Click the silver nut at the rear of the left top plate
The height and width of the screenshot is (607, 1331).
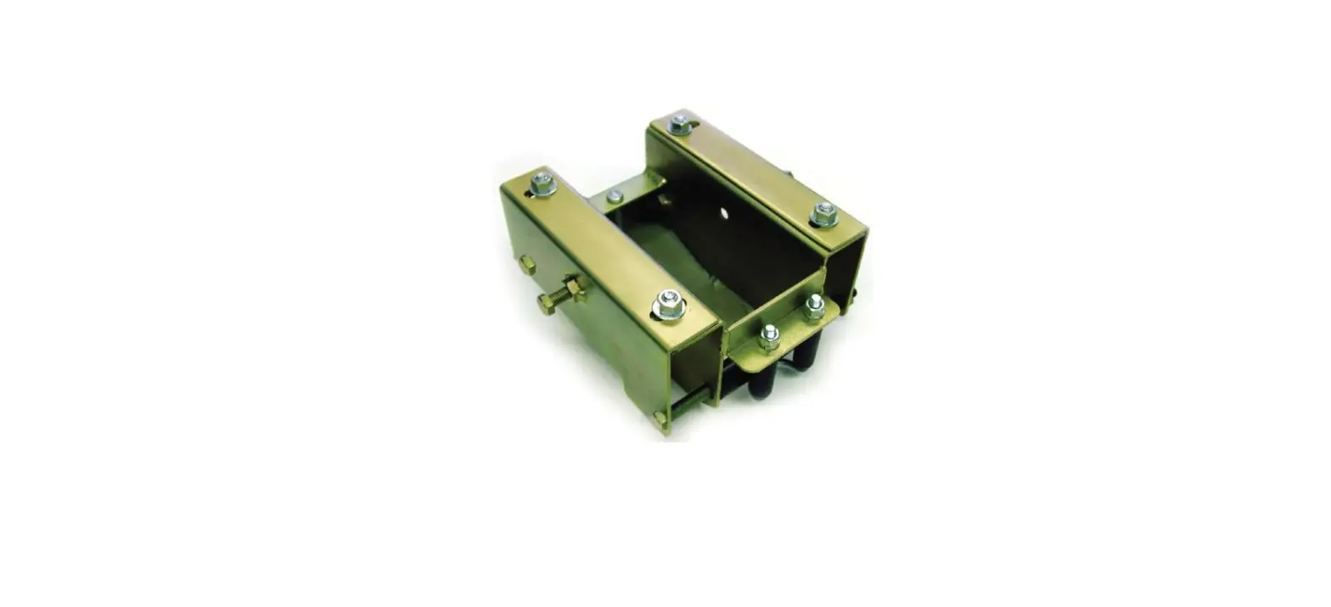[x=542, y=183]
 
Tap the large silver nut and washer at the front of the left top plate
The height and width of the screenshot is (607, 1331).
[x=669, y=304]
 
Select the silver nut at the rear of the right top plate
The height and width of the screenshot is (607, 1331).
[x=679, y=124]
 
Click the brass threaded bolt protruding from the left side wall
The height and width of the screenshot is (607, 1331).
[x=561, y=294]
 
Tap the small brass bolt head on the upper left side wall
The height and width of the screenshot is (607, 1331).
[x=527, y=264]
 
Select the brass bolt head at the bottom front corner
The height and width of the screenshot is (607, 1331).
[x=660, y=418]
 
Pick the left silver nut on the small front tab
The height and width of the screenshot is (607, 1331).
[x=769, y=336]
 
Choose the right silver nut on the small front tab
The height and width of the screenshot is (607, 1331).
[x=814, y=306]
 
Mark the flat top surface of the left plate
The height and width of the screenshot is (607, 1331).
[x=607, y=246]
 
